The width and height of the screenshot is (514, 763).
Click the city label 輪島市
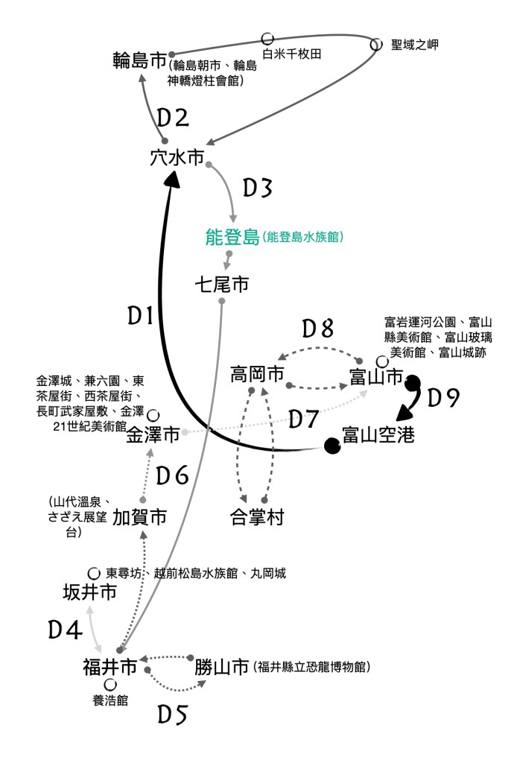(x=139, y=60)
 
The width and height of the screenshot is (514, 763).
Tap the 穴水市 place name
(x=177, y=158)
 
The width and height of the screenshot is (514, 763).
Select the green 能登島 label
(x=232, y=237)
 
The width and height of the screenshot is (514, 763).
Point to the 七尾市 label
(x=221, y=284)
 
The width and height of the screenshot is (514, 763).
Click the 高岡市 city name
(x=257, y=375)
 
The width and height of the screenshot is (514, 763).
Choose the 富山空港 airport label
(x=379, y=434)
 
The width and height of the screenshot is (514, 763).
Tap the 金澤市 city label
(x=153, y=434)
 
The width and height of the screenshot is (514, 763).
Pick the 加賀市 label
(x=139, y=517)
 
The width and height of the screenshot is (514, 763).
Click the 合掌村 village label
(x=257, y=517)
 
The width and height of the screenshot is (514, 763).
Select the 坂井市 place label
(x=90, y=592)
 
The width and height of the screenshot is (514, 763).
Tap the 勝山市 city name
(x=222, y=667)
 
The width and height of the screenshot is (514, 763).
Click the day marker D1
(x=141, y=315)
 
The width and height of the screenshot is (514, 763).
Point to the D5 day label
(x=173, y=715)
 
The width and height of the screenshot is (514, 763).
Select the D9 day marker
(x=443, y=398)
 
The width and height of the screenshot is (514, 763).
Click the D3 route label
(x=258, y=188)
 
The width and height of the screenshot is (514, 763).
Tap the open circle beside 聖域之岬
(x=376, y=44)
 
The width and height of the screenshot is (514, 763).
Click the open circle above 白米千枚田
(x=267, y=39)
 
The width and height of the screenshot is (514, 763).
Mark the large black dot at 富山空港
(x=332, y=446)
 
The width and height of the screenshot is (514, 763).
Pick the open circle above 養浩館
(x=110, y=685)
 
